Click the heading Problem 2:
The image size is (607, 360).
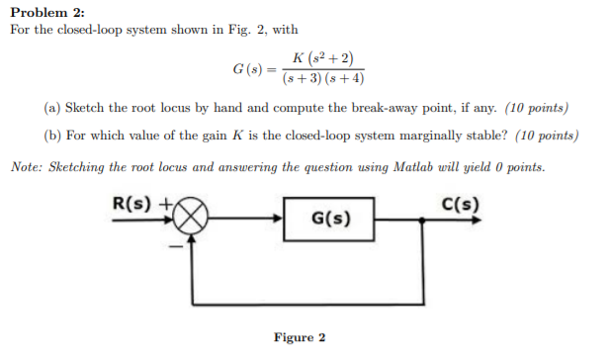coord(45,11)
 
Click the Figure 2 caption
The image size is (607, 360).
coord(300,337)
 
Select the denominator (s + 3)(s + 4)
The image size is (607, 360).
coord(323,80)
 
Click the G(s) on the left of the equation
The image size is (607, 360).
coord(248,69)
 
